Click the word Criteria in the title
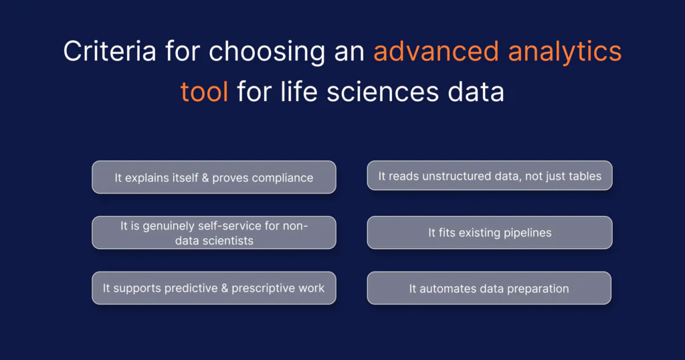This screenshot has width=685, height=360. (110, 51)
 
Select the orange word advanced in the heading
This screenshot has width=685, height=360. (436, 51)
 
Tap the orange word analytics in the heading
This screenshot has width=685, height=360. (565, 52)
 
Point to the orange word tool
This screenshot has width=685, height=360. (205, 92)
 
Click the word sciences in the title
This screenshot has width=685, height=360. (383, 92)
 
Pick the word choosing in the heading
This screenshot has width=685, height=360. (266, 52)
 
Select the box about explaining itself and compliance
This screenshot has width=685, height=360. (214, 177)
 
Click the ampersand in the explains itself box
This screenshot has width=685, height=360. (205, 178)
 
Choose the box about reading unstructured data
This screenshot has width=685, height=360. (490, 175)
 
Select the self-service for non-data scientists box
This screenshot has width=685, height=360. (214, 233)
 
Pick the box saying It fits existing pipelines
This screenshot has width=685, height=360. (490, 233)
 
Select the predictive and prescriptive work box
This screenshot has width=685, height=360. (214, 288)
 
